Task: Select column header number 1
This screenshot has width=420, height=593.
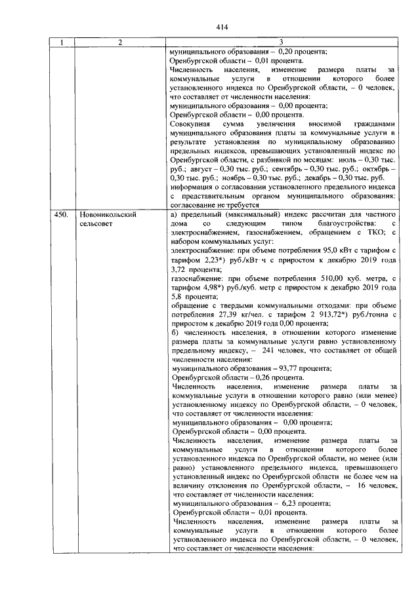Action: coord(62,43)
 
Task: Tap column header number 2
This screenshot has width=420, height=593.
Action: coord(120,43)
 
